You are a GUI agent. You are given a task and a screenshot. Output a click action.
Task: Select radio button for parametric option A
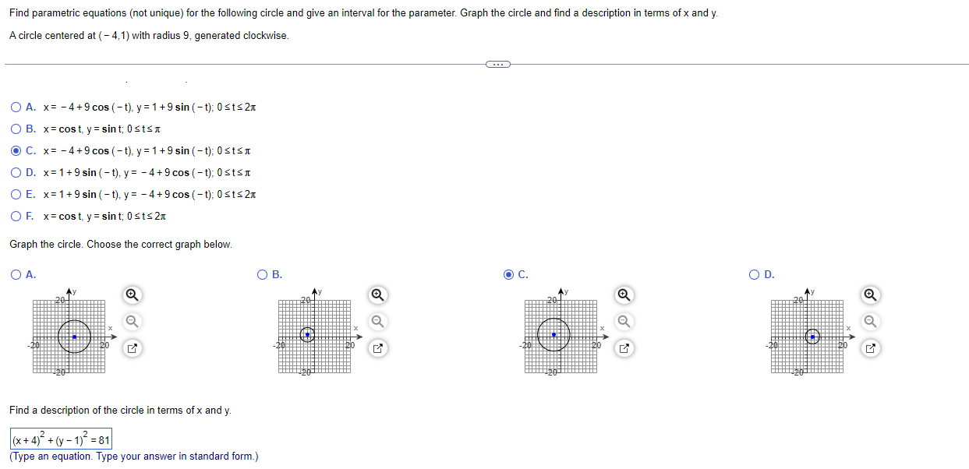(x=16, y=107)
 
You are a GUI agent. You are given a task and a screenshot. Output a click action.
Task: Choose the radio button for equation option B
(x=16, y=129)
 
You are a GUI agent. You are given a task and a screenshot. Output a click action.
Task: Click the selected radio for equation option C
(x=16, y=150)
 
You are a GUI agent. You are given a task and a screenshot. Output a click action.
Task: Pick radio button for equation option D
(x=16, y=172)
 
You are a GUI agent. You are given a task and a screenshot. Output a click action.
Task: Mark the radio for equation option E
(x=16, y=194)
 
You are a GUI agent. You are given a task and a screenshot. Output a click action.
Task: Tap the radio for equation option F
(x=16, y=216)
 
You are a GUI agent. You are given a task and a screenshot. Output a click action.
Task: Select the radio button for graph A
(x=16, y=274)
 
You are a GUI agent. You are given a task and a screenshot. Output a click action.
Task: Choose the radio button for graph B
(x=262, y=274)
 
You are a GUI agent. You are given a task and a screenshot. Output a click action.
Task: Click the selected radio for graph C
(x=508, y=274)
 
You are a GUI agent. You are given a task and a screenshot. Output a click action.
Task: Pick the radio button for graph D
(x=755, y=274)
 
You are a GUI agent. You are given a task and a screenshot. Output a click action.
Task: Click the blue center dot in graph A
(x=74, y=337)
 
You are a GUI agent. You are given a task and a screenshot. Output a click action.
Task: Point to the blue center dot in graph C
(x=553, y=335)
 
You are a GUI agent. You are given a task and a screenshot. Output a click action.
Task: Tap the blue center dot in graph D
(x=812, y=337)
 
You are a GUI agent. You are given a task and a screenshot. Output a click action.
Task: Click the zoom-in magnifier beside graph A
(x=132, y=294)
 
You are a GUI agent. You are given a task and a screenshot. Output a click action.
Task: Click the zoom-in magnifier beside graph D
(x=870, y=294)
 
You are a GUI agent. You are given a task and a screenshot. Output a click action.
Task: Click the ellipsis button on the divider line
(x=497, y=64)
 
